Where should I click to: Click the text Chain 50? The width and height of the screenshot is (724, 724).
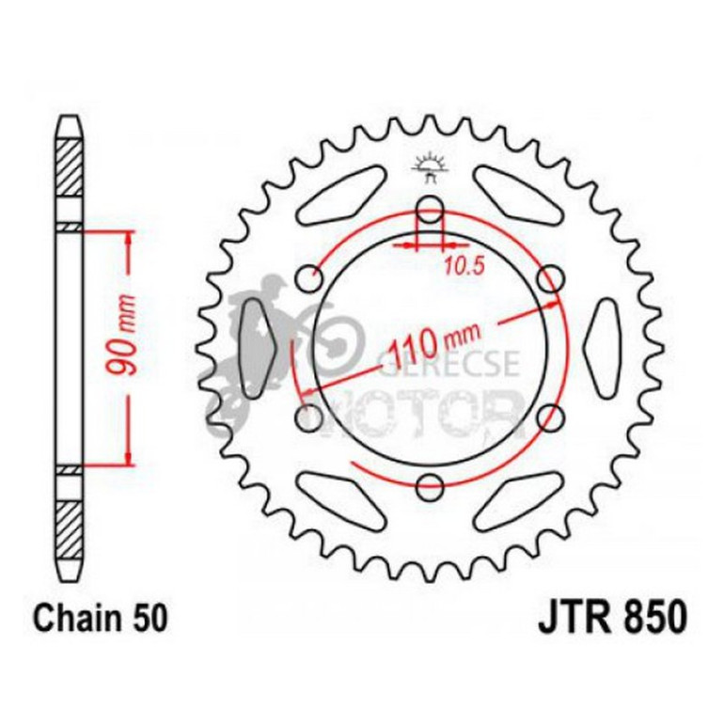tap(102, 621)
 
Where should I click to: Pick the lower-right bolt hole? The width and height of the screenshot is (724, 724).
tap(552, 417)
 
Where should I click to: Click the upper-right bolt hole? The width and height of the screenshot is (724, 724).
tap(552, 278)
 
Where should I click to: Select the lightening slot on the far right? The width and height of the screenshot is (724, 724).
tap(605, 347)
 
